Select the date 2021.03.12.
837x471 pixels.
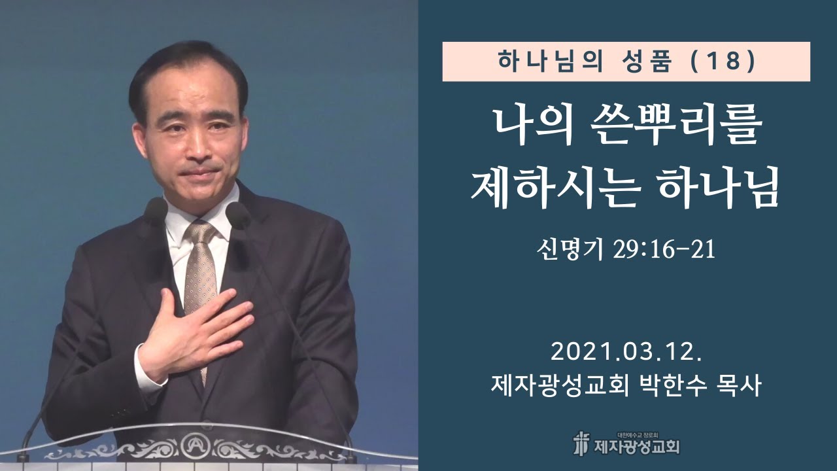(x=626, y=353)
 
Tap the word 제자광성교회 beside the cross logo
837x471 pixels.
(x=637, y=447)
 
